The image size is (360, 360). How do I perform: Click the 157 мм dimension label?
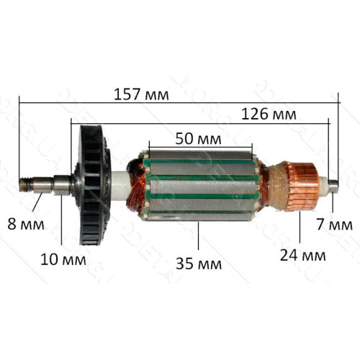click(141, 94)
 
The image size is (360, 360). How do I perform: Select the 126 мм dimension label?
click(269, 114)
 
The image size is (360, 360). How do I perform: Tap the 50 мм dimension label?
click(198, 139)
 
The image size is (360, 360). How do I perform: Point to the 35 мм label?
click(199, 264)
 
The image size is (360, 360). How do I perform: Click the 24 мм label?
click(303, 255)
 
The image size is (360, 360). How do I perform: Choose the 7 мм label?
click(335, 225)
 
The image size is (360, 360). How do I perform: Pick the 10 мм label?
click(63, 259)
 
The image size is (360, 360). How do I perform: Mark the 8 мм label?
click(26, 224)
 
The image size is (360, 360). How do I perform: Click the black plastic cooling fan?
click(92, 185)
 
